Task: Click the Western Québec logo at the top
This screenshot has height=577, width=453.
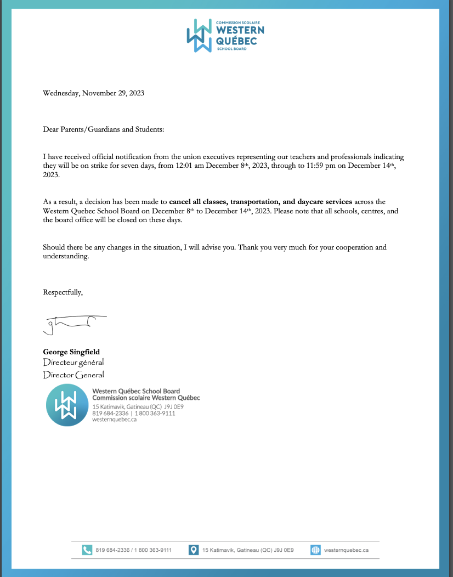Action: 225,35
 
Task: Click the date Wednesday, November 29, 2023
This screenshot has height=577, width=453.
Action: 93,93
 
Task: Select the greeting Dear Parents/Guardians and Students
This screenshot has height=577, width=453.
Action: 103,129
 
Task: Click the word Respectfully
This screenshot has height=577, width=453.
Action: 63,292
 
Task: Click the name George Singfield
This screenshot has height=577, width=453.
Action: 71,352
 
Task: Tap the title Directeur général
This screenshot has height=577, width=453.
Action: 73,363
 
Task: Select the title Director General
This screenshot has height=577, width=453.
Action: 73,375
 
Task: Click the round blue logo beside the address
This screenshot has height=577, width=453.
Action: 67,406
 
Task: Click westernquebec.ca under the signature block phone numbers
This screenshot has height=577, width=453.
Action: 114,420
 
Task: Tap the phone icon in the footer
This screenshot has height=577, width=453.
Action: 87,550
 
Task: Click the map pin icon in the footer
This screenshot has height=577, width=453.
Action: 194,550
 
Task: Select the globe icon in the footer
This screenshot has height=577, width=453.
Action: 315,550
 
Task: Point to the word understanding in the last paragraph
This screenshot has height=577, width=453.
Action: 65,257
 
